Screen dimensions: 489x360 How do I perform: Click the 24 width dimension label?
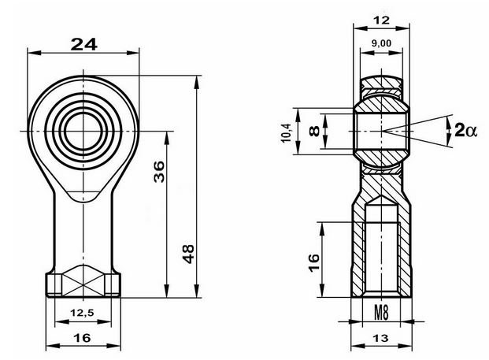(84, 44)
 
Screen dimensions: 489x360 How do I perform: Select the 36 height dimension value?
(159, 172)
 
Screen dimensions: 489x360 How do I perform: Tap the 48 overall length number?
(188, 254)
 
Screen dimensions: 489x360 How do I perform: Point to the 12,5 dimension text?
(82, 313)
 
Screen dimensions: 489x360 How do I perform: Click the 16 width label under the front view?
(83, 338)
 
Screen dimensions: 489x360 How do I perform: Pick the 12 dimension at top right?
(381, 20)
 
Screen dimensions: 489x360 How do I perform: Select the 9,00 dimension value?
(381, 43)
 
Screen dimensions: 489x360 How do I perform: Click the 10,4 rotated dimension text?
(286, 133)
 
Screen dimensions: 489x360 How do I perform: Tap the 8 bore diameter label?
(314, 131)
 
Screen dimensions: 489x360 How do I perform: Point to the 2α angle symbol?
(466, 130)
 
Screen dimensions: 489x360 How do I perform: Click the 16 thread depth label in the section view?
(314, 263)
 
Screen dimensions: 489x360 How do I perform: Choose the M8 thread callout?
(381, 313)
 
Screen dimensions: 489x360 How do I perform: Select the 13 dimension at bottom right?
(381, 338)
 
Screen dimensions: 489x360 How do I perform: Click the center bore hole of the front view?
(83, 131)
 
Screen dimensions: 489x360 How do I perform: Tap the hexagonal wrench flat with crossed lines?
(83, 280)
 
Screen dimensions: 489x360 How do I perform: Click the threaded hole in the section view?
(381, 250)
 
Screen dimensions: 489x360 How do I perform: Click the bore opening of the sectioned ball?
(381, 131)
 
